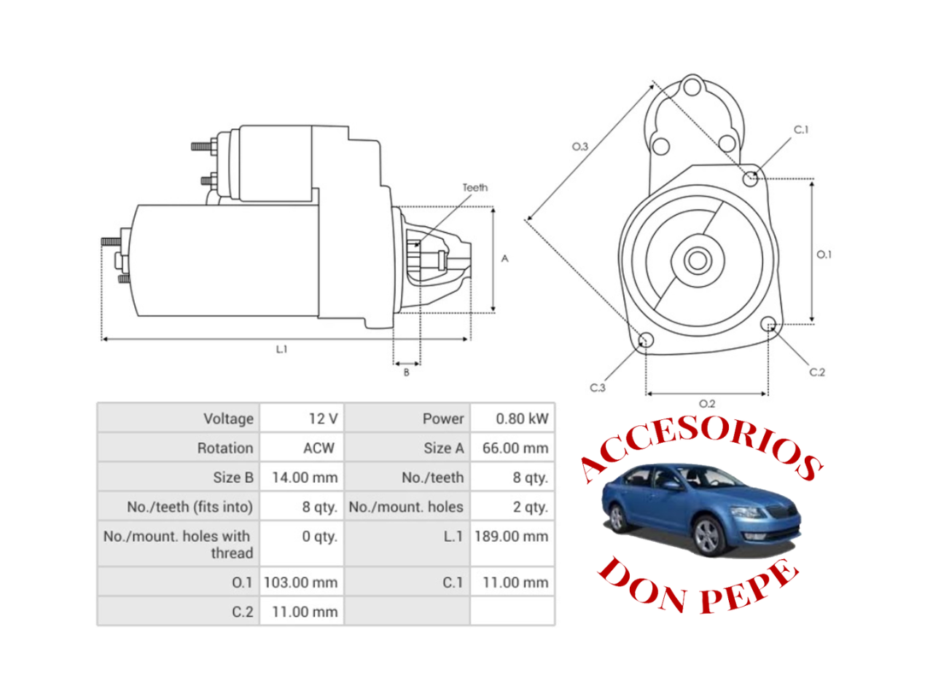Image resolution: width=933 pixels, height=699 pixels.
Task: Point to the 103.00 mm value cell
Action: [x=300, y=582]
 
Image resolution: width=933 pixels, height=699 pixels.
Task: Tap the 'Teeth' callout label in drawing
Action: [x=475, y=188]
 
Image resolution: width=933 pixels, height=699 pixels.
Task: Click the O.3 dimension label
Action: [x=579, y=146]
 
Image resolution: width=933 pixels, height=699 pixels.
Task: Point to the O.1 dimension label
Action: [x=824, y=254]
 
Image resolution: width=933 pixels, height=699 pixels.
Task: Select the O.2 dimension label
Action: [x=706, y=403]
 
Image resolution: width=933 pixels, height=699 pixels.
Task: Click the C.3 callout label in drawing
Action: [x=598, y=387]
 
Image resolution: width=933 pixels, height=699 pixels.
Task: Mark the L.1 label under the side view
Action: [x=281, y=349]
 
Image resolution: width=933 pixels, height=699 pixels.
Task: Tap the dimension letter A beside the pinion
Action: [x=504, y=258]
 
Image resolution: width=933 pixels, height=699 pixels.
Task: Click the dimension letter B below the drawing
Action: [x=407, y=373]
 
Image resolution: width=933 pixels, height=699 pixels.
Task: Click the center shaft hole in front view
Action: [x=698, y=260]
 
